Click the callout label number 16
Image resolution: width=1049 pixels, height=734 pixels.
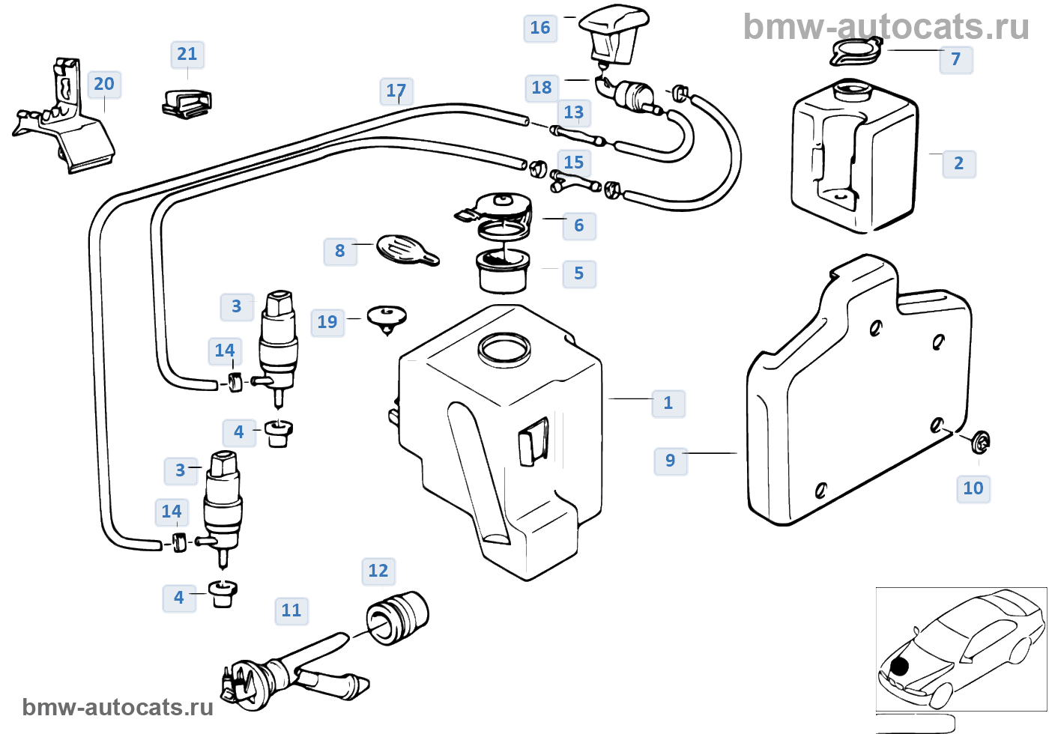540,28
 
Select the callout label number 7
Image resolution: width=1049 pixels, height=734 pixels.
956,59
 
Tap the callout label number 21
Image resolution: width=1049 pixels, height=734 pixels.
187,54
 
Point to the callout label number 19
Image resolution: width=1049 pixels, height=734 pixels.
327,322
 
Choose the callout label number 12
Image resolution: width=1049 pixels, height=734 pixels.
378,571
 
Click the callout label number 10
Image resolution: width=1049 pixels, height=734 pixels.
973,488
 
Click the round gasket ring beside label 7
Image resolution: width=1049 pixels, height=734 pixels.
856,53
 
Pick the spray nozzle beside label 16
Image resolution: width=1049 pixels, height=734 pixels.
614,33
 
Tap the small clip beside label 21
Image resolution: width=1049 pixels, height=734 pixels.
187,103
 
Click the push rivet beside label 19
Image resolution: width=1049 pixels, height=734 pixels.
387,318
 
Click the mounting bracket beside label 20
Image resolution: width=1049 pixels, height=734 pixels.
67,120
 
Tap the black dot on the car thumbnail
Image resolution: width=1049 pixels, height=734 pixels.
899,665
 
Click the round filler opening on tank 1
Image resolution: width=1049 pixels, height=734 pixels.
504,350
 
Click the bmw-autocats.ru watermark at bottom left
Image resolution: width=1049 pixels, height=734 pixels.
118,707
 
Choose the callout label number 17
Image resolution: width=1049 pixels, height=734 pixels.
396,91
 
